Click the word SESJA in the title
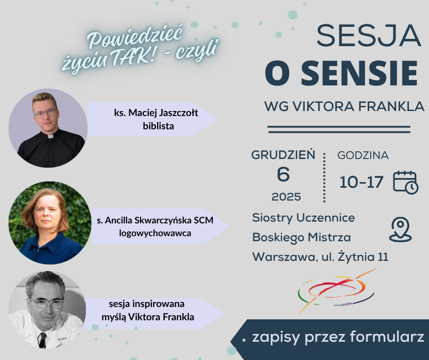(369, 36)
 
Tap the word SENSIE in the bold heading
(359, 74)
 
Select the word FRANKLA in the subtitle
(391, 106)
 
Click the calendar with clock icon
(405, 182)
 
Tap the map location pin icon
(400, 230)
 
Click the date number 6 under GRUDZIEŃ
(283, 175)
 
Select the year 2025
(286, 197)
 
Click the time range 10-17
(361, 182)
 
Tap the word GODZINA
(363, 155)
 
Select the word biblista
(158, 126)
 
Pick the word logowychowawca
(155, 233)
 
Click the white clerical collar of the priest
(50, 136)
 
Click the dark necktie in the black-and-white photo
(42, 340)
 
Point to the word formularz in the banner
(387, 336)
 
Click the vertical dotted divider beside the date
(324, 177)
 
